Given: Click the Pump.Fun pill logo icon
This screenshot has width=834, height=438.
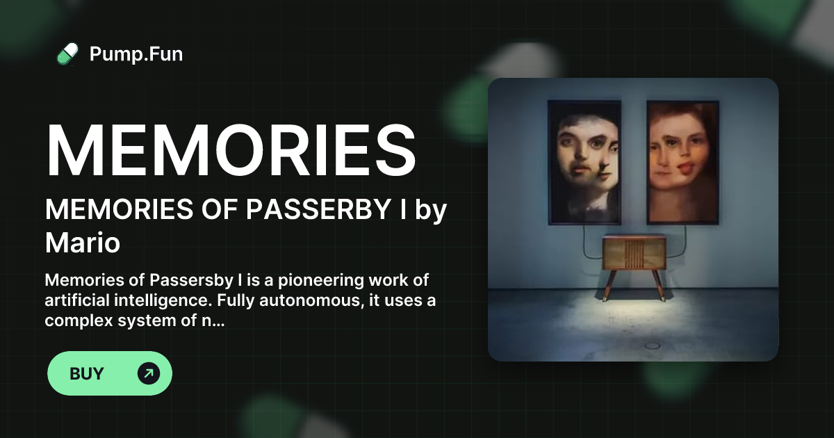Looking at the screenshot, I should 67,54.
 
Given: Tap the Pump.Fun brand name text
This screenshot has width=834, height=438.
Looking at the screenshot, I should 136,54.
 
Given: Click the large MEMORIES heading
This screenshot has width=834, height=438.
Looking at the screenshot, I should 231,151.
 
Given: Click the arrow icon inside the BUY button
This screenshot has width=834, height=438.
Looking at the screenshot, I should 149,374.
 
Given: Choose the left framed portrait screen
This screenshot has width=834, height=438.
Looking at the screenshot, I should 584,161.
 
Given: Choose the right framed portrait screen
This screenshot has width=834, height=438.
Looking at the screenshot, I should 682,161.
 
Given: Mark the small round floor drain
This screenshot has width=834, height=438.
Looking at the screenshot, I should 653,346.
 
